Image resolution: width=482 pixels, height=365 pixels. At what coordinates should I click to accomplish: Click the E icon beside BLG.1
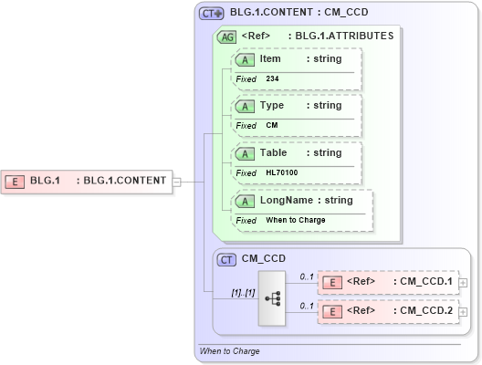[x=16, y=181]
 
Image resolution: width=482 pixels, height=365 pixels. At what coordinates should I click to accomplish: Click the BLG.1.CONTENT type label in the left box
[x=124, y=181]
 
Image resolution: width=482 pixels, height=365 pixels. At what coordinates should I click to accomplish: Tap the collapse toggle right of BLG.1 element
[x=177, y=181]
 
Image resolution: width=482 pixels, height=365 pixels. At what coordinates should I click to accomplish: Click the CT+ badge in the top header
[x=212, y=14]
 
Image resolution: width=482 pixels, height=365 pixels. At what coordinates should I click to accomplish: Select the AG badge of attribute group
[x=225, y=37]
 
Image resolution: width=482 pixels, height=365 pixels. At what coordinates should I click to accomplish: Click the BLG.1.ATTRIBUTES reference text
[x=341, y=37]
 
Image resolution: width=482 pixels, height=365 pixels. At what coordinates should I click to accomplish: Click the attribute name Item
[x=270, y=59]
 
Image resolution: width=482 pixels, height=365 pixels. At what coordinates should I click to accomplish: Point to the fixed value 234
[x=272, y=79]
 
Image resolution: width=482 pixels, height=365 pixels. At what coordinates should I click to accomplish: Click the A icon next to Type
[x=246, y=106]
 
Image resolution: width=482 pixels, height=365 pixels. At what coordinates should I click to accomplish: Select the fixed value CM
[x=272, y=126]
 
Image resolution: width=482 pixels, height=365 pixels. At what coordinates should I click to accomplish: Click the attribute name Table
[x=274, y=153]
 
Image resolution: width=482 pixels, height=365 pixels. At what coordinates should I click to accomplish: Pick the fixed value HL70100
[x=281, y=172]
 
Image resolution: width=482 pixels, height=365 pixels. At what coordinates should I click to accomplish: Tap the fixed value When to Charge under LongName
[x=296, y=220]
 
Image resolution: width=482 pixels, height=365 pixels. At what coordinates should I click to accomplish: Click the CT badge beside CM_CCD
[x=227, y=260]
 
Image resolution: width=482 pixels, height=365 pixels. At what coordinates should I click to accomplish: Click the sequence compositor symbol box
[x=272, y=297]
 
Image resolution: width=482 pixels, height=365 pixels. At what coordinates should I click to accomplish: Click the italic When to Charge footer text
[x=229, y=351]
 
